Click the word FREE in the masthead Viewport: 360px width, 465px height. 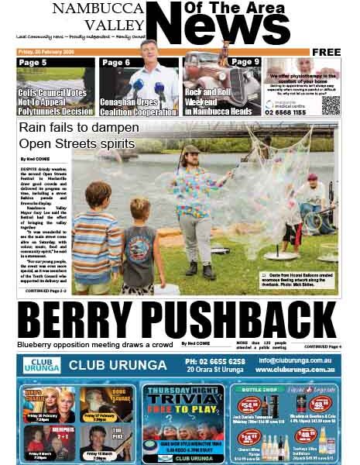point(327,52)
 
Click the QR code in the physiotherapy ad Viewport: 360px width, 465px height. point(331,105)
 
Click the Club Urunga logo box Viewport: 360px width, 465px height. point(40,364)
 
